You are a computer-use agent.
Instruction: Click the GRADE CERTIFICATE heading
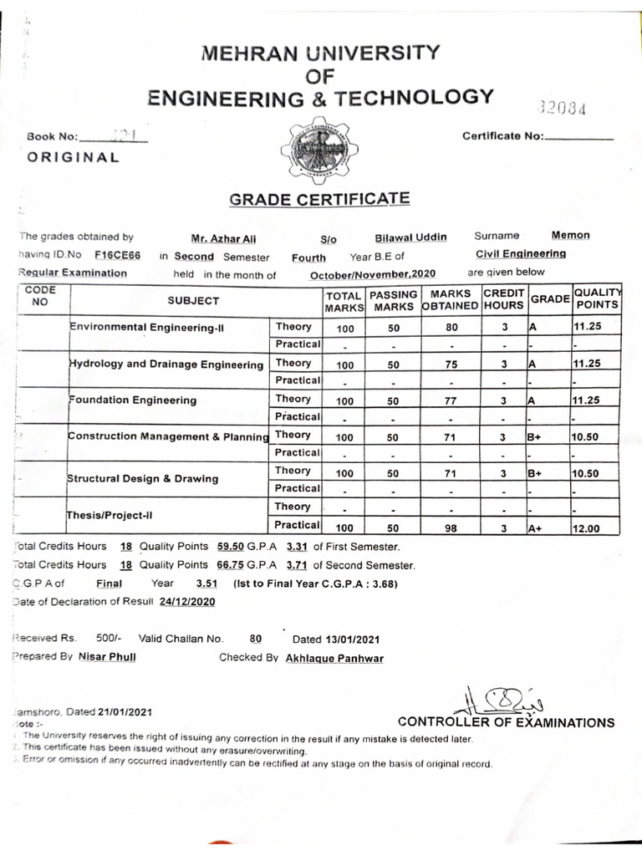(319, 199)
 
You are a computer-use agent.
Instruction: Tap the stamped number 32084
(563, 109)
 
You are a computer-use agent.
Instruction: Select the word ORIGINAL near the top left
(73, 156)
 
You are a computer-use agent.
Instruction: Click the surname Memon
(570, 236)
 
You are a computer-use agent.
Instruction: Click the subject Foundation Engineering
(134, 400)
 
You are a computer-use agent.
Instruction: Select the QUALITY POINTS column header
(597, 298)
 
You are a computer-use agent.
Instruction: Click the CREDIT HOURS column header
(503, 300)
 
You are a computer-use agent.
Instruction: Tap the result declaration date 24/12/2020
(187, 601)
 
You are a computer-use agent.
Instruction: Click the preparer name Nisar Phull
(107, 657)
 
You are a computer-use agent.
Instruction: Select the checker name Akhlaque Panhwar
(334, 658)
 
